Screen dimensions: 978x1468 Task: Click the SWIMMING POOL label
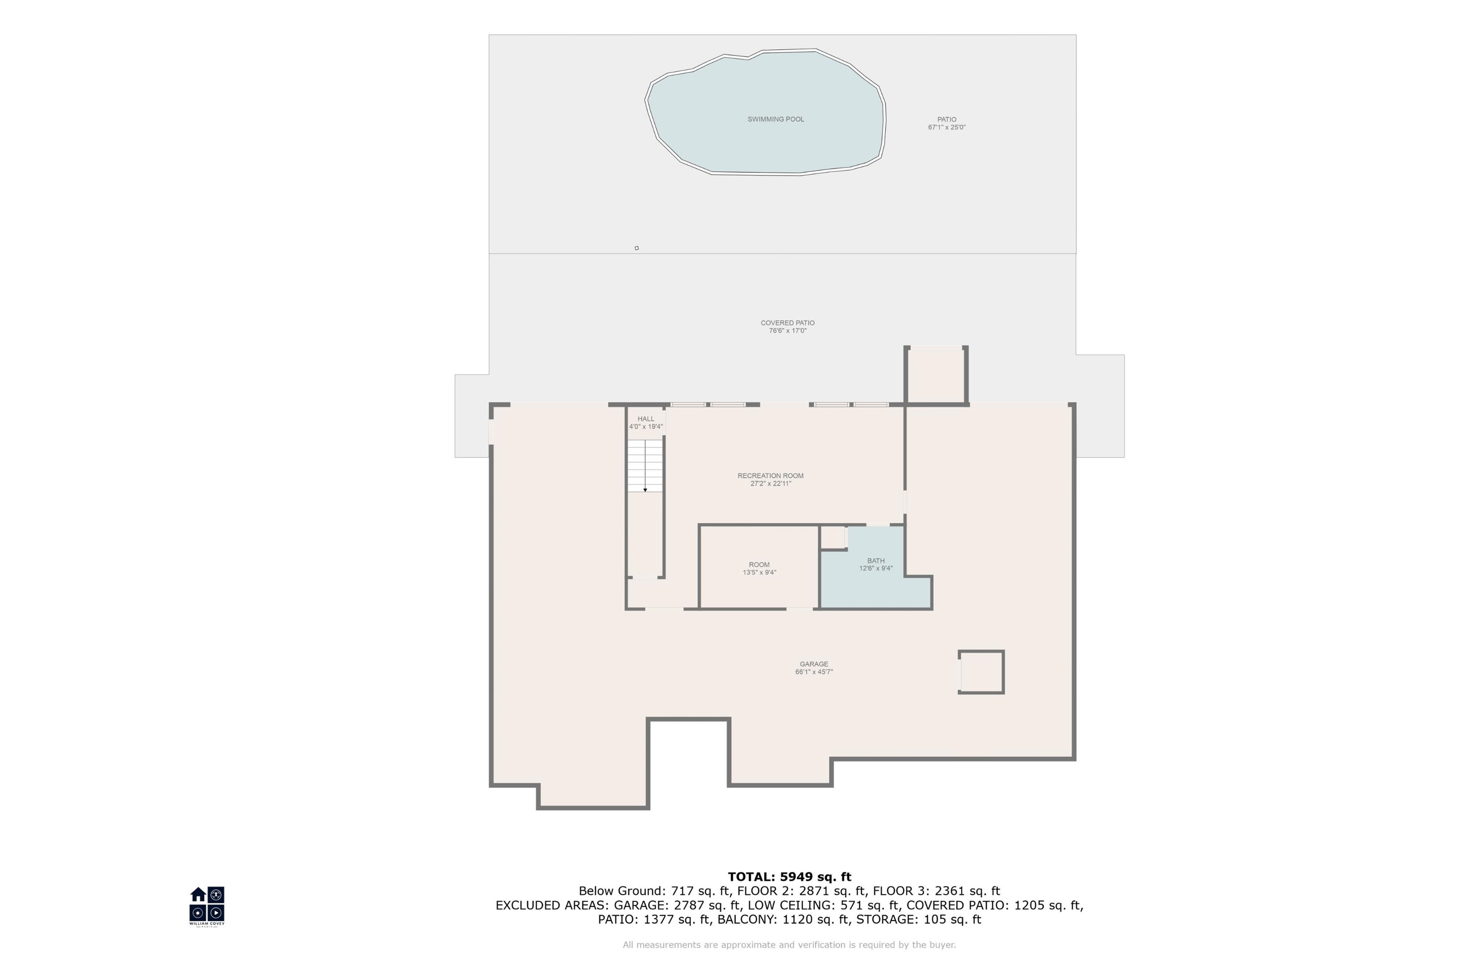[x=776, y=119]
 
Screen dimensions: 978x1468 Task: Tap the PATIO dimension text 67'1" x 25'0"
[x=947, y=127]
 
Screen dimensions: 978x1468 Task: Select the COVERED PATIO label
[x=788, y=322]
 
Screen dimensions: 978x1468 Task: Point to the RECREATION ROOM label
[x=770, y=476]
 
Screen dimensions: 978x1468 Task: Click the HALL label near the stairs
[x=646, y=419]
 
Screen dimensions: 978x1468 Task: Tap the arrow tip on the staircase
[x=645, y=490]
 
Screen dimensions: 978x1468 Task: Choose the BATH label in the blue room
[x=876, y=561]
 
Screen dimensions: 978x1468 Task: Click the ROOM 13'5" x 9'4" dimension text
[x=759, y=572]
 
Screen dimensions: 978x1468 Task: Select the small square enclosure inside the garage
[x=982, y=672]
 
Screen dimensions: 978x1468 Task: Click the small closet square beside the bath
[x=832, y=537]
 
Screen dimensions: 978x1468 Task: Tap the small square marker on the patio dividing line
[x=637, y=248]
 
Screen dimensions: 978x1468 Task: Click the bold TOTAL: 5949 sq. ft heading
[x=789, y=877]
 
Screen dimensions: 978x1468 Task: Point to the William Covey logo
[x=207, y=906]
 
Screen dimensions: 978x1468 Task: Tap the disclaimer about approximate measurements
[x=789, y=945]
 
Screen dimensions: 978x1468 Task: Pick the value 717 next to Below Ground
[x=683, y=892]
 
